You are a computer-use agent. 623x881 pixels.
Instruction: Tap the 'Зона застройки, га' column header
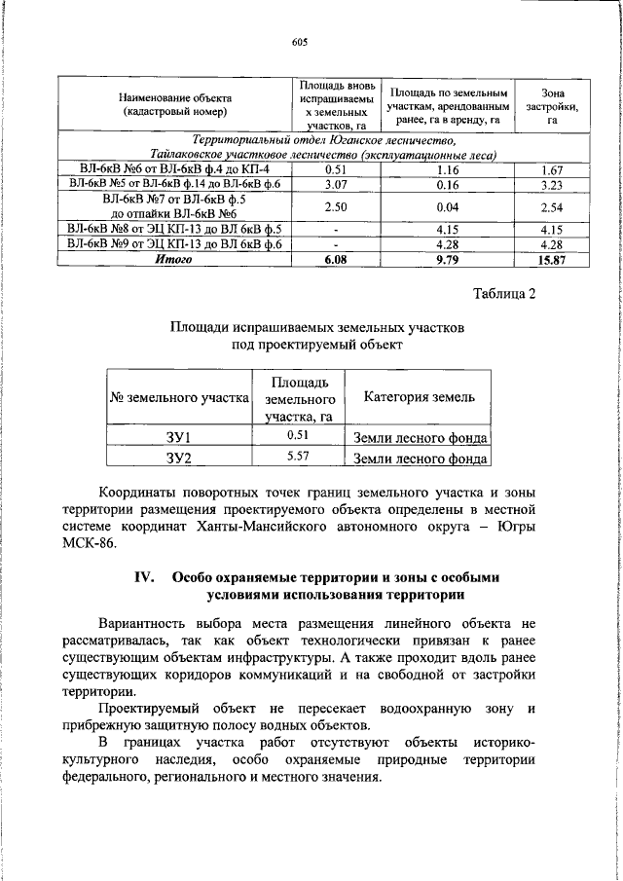(x=551, y=104)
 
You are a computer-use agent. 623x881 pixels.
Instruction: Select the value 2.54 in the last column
(x=551, y=206)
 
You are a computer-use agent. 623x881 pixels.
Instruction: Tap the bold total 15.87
(x=551, y=260)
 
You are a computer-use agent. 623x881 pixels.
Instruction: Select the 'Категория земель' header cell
(x=419, y=397)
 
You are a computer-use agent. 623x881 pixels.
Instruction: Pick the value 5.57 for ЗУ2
(x=300, y=456)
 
